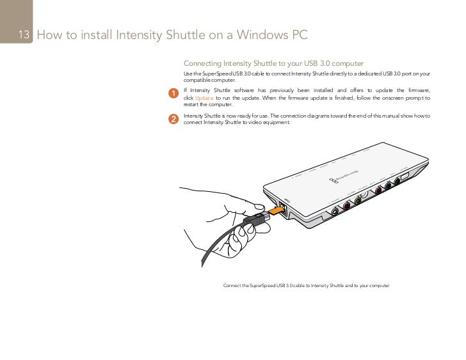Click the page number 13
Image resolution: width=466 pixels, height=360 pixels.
[25, 35]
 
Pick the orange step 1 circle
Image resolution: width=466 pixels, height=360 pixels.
[173, 95]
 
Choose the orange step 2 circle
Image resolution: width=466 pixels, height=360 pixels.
[173, 119]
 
